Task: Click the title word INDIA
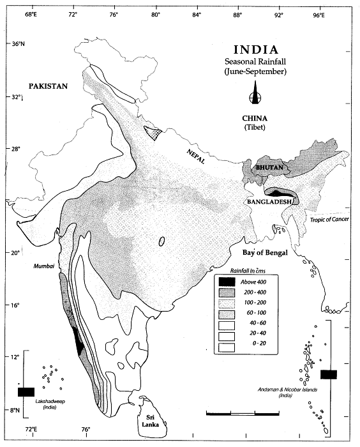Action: pos(255,50)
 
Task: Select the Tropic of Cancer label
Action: pos(331,219)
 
